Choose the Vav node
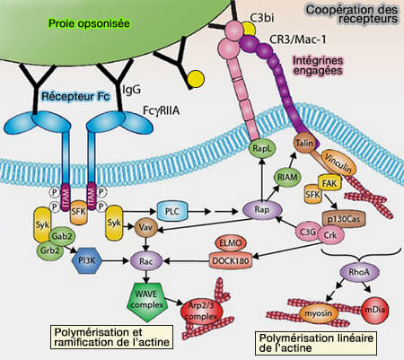point(144,228)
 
